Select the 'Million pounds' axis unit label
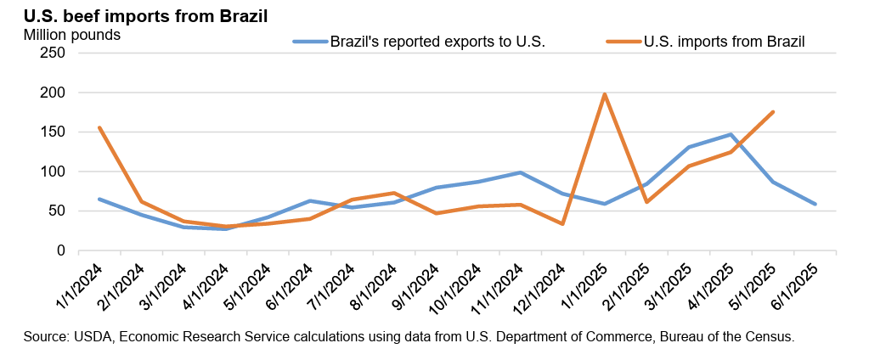pyautogui.click(x=72, y=36)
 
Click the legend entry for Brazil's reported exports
pyautogui.click(x=437, y=41)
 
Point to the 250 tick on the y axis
pyautogui.click(x=54, y=53)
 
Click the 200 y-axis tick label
pyautogui.click(x=54, y=93)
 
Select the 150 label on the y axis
pyautogui.click(x=54, y=132)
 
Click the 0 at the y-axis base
pyautogui.click(x=61, y=250)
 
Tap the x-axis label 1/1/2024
pyautogui.click(x=80, y=285)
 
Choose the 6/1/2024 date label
pyautogui.click(x=291, y=285)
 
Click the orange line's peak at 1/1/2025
pyautogui.click(x=604, y=94)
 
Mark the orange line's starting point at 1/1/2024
pyautogui.click(x=99, y=128)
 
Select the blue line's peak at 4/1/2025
pyautogui.click(x=731, y=134)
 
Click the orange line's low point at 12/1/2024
pyautogui.click(x=562, y=223)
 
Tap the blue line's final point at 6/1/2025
pyautogui.click(x=815, y=204)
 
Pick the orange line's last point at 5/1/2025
pyautogui.click(x=772, y=112)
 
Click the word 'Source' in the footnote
pyautogui.click(x=45, y=337)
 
